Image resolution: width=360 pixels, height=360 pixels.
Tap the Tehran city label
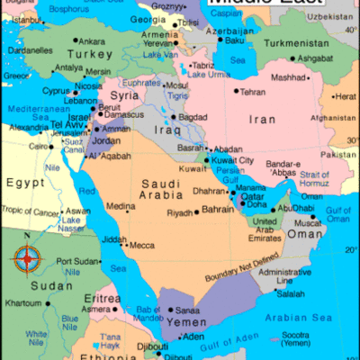[253, 91]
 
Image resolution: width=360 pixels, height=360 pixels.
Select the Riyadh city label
[180, 213]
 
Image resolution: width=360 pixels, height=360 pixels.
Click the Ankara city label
[91, 40]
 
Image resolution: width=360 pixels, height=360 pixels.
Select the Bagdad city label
[193, 117]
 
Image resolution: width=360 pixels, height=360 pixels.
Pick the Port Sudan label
[76, 261]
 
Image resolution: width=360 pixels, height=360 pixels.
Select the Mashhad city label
[290, 76]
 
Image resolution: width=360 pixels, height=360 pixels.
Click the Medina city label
[121, 206]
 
